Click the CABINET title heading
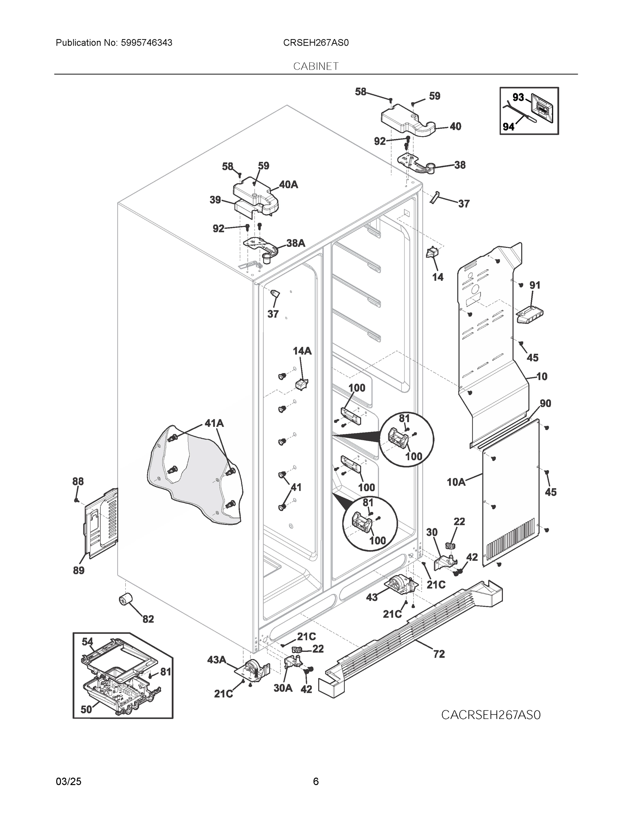315,66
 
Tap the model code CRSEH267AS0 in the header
315,43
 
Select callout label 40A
288,185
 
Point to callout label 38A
296,243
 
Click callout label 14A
302,351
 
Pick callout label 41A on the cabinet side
214,423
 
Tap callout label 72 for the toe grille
439,654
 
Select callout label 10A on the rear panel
456,482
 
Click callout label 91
535,285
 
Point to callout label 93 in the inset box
518,97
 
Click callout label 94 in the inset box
508,127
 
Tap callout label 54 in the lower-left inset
87,642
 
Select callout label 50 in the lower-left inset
87,710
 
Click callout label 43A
216,660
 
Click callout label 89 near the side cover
79,571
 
